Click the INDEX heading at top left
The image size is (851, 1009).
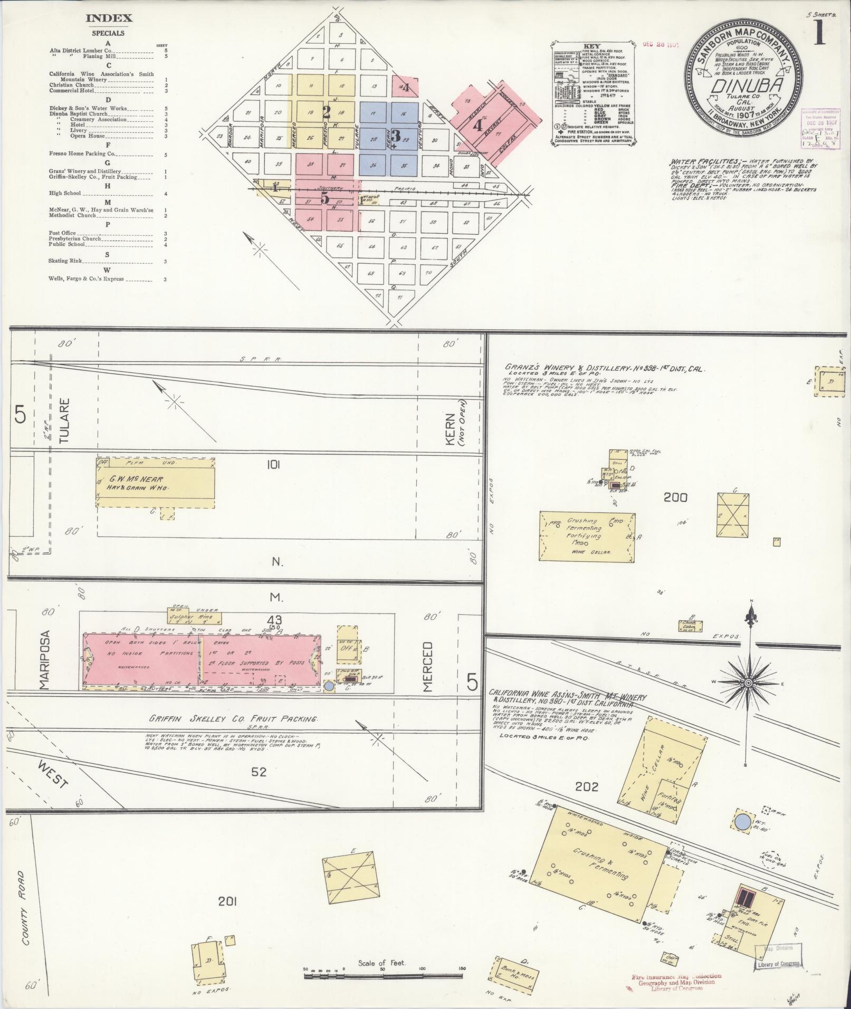pyautogui.click(x=109, y=18)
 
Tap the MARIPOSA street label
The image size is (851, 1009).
pyautogui.click(x=44, y=659)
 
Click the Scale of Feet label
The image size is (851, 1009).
pyautogui.click(x=381, y=963)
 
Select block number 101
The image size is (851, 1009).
pyautogui.click(x=273, y=465)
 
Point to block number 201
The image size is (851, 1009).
pyautogui.click(x=227, y=902)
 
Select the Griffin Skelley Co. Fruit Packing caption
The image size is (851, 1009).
pyautogui.click(x=233, y=719)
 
